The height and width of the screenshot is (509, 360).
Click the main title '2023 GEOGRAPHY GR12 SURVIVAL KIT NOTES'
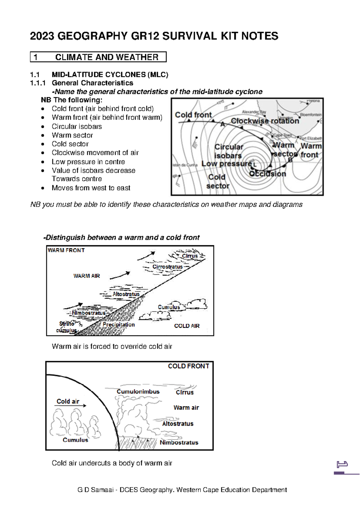(x=154, y=36)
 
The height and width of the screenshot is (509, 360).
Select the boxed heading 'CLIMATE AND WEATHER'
(x=106, y=57)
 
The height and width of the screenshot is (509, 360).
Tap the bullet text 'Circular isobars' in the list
(x=76, y=126)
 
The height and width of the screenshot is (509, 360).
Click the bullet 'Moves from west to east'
(x=91, y=188)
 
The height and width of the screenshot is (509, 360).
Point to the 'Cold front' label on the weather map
(x=193, y=115)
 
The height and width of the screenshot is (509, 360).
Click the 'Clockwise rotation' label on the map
(x=265, y=121)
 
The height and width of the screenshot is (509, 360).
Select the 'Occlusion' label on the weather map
(x=268, y=174)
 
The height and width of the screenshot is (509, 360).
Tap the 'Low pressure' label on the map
(x=226, y=164)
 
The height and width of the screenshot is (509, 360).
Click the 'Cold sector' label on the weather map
(x=217, y=182)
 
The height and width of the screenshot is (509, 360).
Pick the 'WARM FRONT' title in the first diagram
(x=66, y=250)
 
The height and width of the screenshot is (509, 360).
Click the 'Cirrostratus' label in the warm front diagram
(x=167, y=267)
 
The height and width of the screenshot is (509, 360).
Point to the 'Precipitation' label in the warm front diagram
(x=118, y=324)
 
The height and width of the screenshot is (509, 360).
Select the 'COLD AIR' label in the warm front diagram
(x=187, y=326)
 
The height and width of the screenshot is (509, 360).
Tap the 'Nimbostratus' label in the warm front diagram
(x=88, y=313)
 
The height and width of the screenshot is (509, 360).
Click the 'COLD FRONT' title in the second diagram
(x=188, y=366)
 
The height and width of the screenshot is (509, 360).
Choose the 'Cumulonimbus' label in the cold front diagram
(x=138, y=392)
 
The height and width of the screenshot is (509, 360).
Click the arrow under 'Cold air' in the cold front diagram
(x=70, y=406)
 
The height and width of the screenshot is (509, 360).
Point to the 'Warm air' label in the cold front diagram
(x=186, y=408)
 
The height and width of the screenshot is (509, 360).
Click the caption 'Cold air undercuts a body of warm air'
(x=112, y=463)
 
